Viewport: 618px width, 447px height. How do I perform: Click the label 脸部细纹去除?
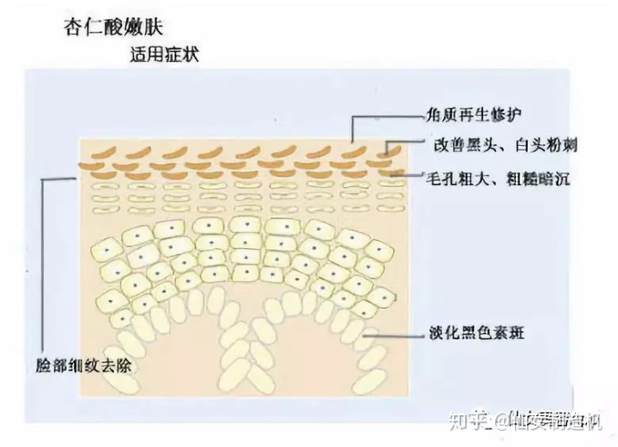[x=80, y=364]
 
